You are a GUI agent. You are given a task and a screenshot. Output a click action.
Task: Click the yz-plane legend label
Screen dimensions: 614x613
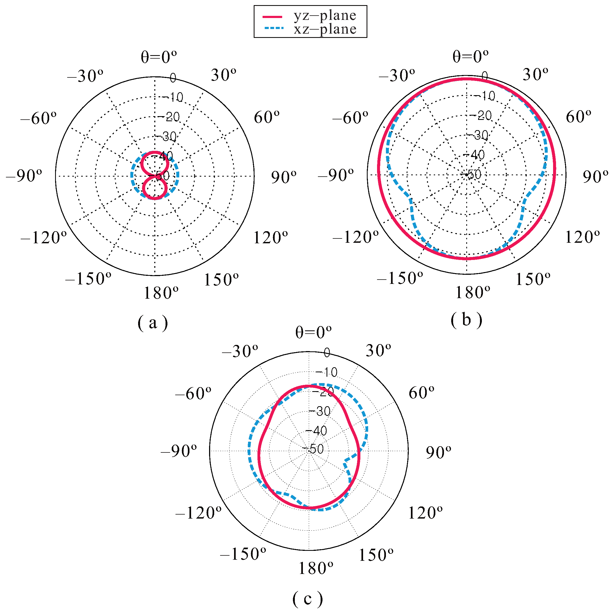[x=324, y=16]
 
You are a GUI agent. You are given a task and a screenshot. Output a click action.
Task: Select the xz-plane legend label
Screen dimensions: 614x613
[x=324, y=29]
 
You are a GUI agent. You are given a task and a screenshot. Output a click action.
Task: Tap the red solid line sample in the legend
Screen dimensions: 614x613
[x=272, y=16]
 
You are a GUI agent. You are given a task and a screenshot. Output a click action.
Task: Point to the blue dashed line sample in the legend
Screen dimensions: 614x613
[x=274, y=28]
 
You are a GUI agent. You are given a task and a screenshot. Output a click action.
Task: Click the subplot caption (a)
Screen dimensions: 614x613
[x=153, y=323]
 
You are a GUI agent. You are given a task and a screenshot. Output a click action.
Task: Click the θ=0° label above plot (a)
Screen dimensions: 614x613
[x=159, y=57]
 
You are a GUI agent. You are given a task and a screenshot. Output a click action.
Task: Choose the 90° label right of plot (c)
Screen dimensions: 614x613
[x=438, y=452]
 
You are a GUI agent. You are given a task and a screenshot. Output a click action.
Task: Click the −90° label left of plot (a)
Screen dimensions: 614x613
[x=24, y=176]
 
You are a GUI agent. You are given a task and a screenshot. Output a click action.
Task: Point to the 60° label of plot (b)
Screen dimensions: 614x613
[x=578, y=117]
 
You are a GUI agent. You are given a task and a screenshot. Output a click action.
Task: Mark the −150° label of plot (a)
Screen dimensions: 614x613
[x=88, y=279]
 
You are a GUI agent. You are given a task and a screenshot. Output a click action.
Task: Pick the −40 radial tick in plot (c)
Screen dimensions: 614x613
[x=316, y=431]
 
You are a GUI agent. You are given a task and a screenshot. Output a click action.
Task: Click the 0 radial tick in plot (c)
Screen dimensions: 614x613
[x=327, y=352]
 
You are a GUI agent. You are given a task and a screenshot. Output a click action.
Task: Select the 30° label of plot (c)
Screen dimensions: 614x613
[x=378, y=351]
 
